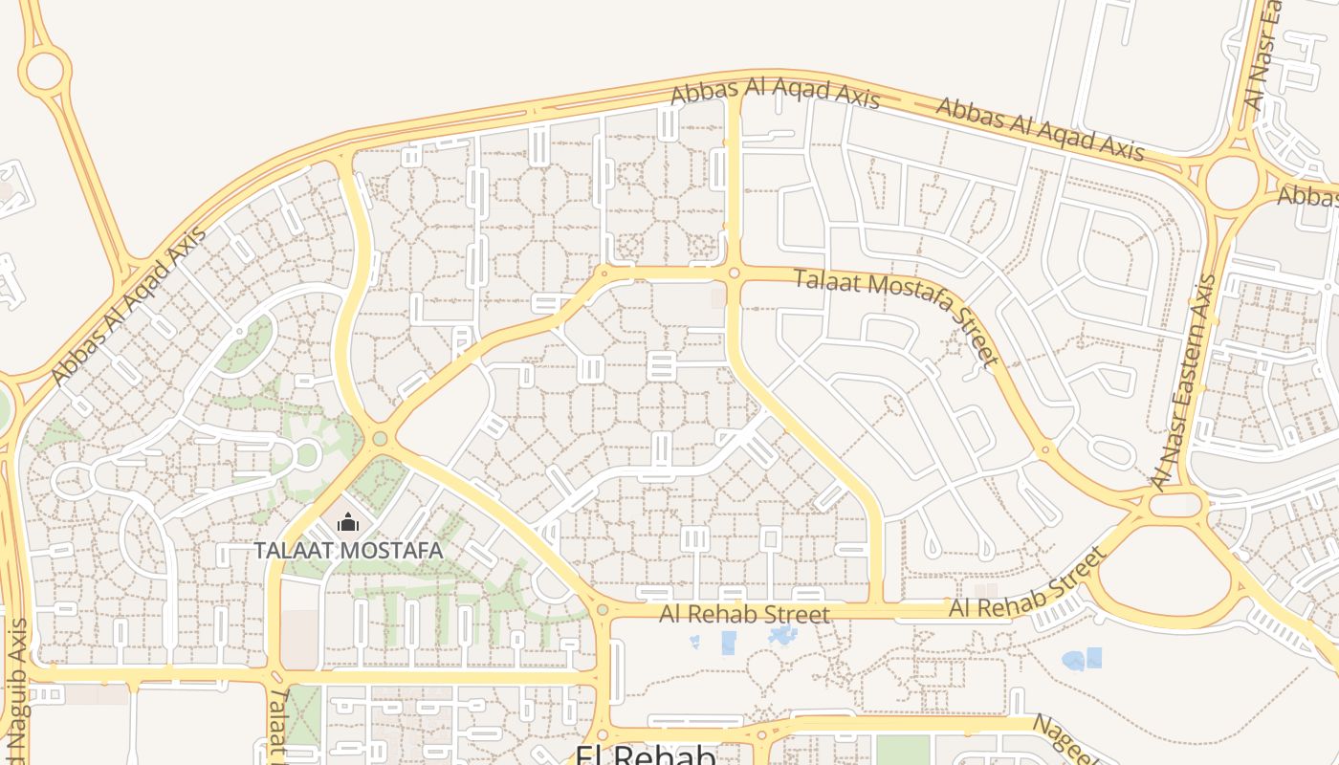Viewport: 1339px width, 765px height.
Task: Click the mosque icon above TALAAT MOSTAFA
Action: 348,522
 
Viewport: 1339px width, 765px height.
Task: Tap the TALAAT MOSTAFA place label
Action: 348,551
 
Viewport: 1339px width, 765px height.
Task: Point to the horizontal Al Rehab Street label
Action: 744,614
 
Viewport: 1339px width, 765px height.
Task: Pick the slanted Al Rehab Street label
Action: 1029,583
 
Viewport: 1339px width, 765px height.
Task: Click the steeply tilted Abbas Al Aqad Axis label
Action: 129,306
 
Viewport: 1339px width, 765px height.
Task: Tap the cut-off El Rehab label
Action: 646,755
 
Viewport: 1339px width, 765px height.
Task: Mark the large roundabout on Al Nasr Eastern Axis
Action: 1232,181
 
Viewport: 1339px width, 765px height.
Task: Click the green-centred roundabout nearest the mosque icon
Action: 380,439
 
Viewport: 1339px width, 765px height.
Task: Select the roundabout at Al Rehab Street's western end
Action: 602,610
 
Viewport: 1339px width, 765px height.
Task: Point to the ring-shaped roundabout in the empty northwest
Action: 45,70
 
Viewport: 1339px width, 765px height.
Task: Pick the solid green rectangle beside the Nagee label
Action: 903,750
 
